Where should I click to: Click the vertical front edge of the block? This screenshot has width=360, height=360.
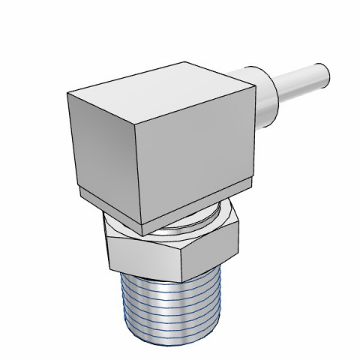point(136,172)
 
